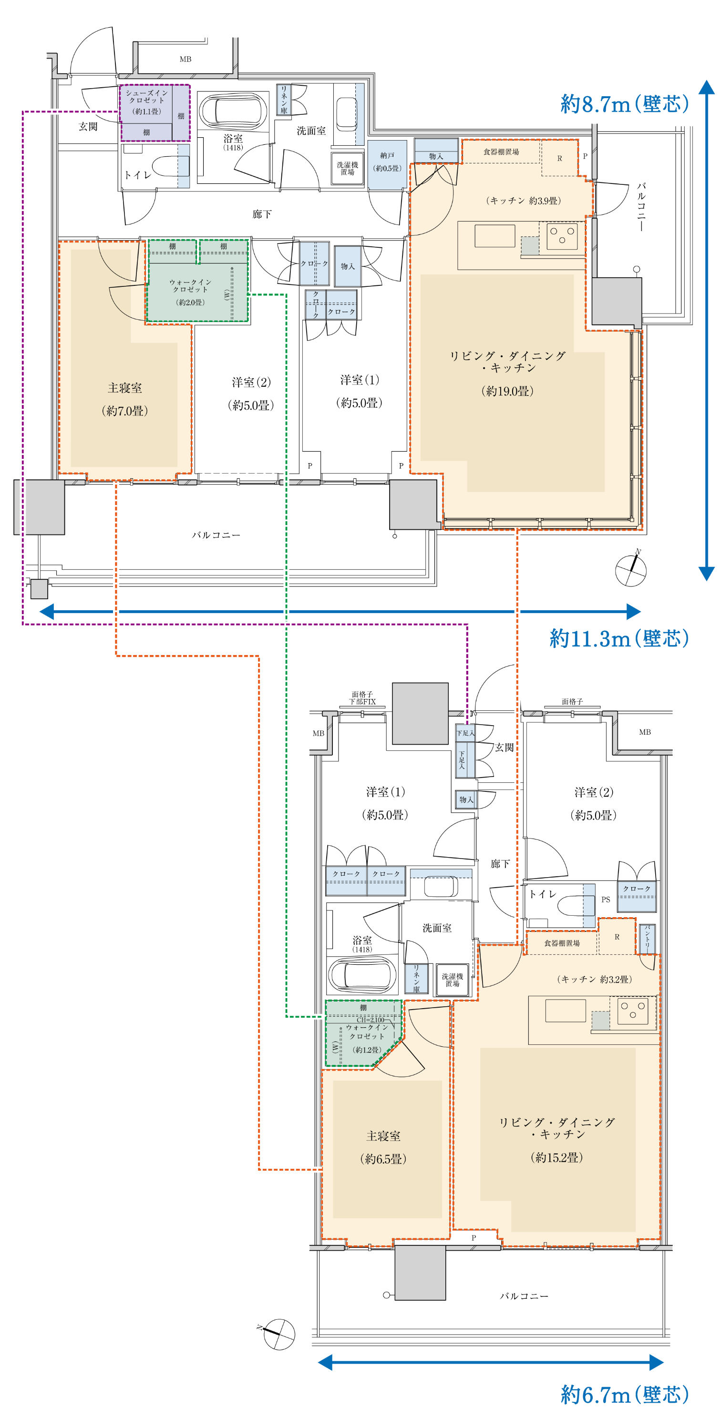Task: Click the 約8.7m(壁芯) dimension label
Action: coord(625,104)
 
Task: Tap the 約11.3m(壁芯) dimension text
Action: coord(619,638)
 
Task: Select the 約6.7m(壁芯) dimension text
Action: coord(625,1395)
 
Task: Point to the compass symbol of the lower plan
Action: coord(278,1334)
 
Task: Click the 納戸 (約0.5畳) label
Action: coord(388,162)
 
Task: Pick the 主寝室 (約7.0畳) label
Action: coord(125,399)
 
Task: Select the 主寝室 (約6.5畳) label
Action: coord(383,1147)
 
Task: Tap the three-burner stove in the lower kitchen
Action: coord(632,1011)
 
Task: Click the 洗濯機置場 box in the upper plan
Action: coord(348,169)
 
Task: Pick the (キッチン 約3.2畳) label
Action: coord(595,979)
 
